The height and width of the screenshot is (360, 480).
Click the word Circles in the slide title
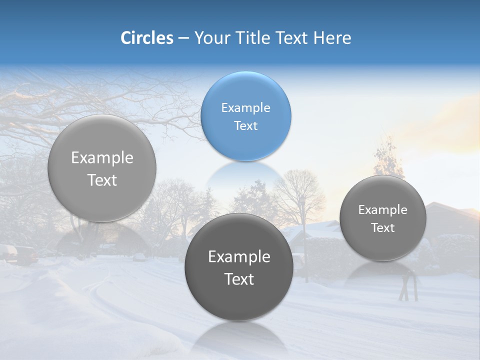tap(146, 38)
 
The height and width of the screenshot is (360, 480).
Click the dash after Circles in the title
tap(183, 38)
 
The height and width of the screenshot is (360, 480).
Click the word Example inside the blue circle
tap(245, 107)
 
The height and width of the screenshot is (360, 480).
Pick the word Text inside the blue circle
tap(245, 125)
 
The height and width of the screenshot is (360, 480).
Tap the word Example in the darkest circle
tap(239, 256)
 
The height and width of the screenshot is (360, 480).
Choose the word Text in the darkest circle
tap(239, 279)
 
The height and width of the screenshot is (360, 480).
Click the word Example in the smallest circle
tap(382, 209)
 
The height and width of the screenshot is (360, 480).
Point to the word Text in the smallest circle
tap(382, 227)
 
